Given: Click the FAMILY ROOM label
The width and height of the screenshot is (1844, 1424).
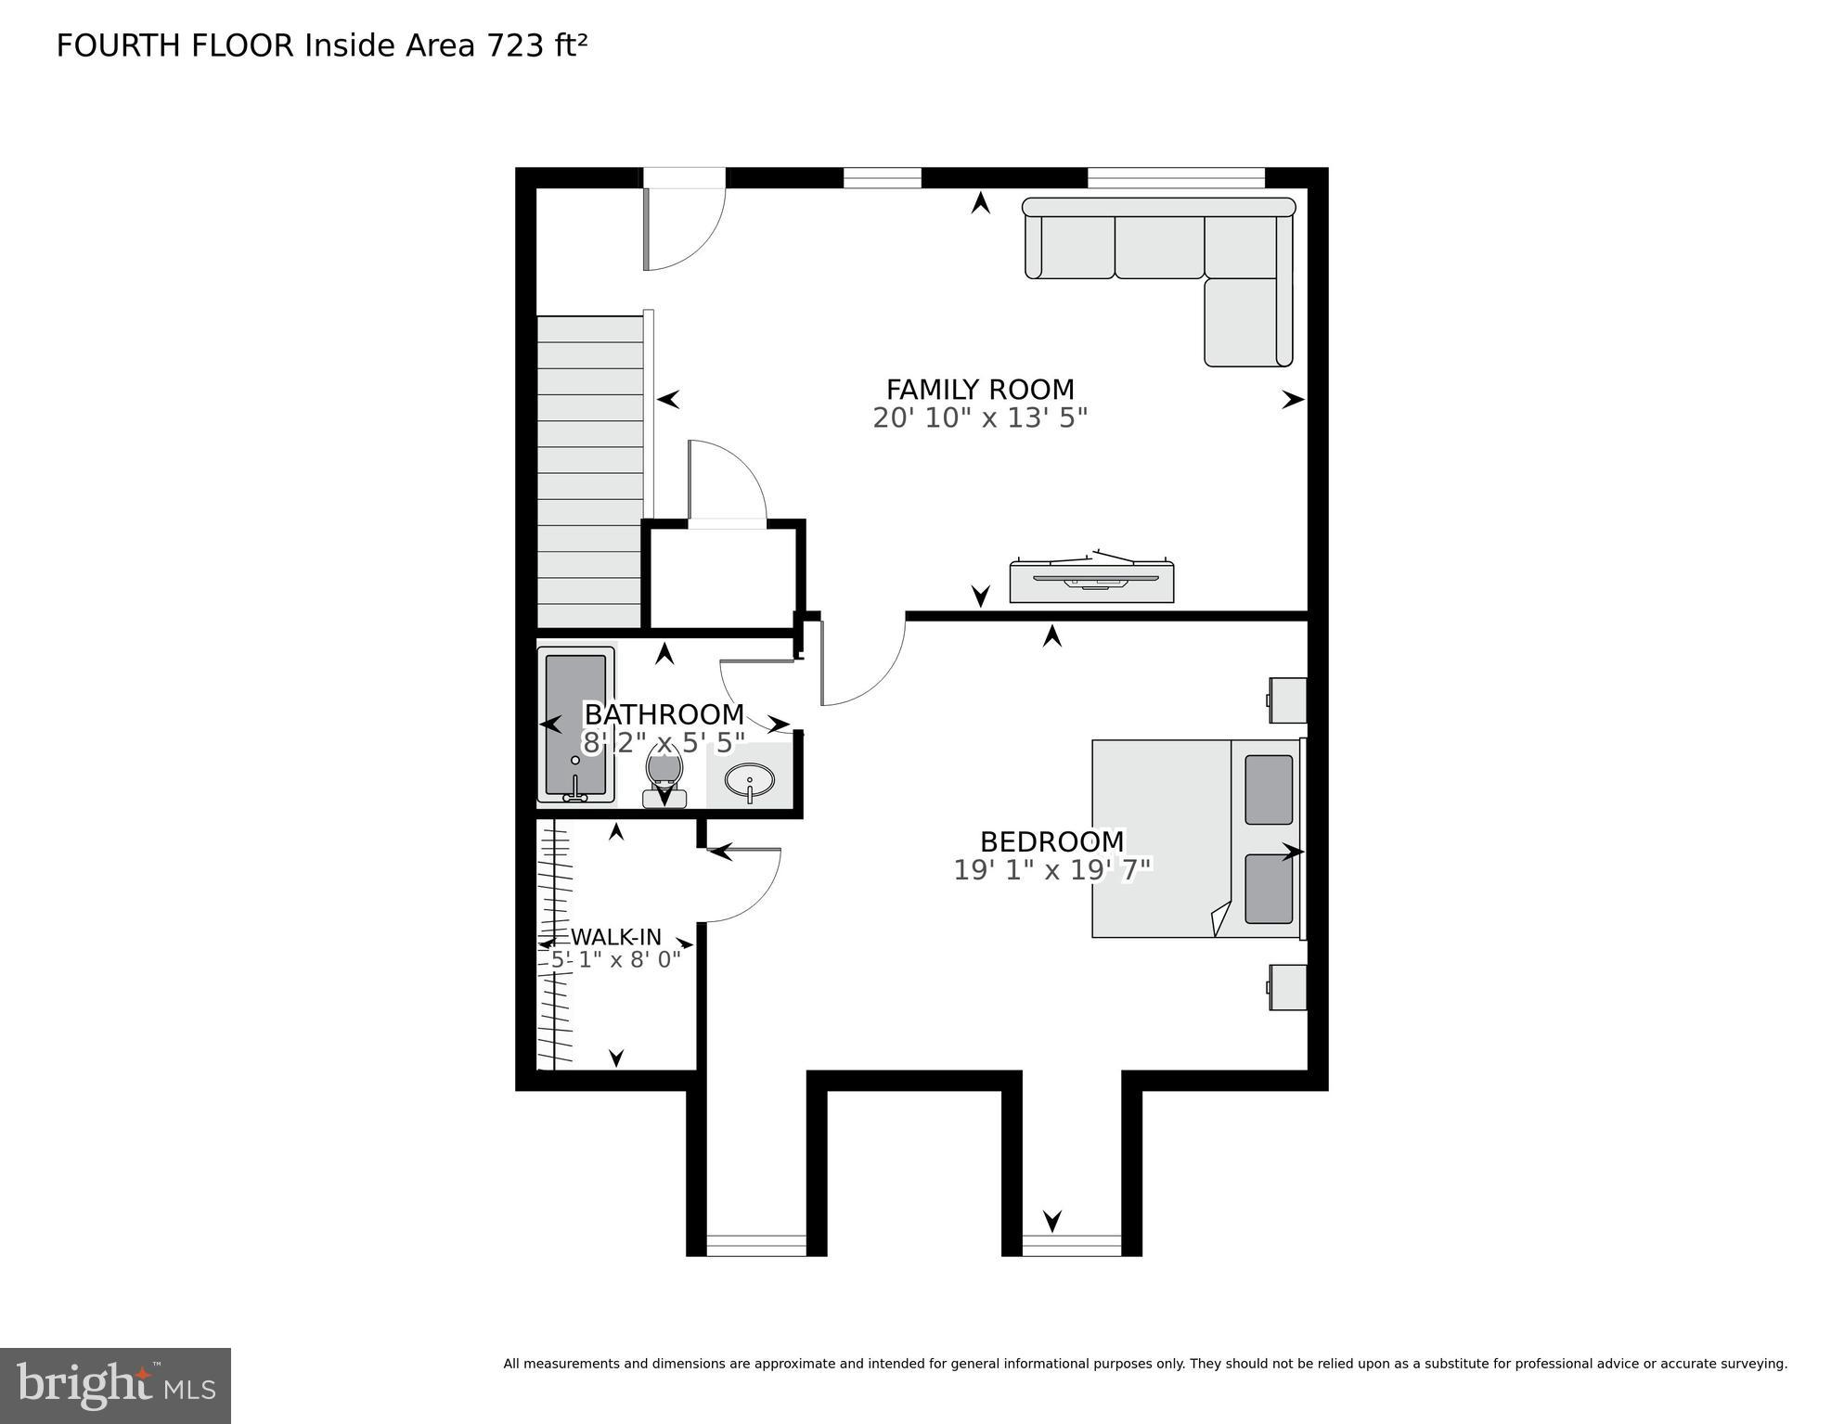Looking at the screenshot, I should [979, 389].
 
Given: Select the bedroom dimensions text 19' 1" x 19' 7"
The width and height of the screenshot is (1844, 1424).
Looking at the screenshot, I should [1052, 870].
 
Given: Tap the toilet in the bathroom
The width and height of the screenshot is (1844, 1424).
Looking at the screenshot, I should [664, 777].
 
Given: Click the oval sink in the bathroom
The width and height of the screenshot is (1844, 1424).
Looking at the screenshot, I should [750, 780].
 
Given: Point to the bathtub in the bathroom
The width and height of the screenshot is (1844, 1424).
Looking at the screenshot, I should [576, 724].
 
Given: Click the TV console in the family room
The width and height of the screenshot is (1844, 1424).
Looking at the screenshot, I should [1091, 582].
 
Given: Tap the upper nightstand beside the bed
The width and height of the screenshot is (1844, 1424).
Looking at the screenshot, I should [1288, 700].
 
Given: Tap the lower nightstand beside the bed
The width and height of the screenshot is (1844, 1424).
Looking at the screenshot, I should [1288, 987].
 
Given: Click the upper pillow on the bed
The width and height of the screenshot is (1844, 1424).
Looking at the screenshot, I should [1268, 789].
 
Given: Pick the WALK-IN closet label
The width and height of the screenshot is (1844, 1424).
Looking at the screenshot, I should [615, 936].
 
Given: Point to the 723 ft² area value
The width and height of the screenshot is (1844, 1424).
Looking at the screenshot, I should [537, 45].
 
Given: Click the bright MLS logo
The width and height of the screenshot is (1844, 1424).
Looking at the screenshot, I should [115, 1386].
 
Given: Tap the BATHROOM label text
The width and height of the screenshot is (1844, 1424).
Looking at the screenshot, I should [664, 714].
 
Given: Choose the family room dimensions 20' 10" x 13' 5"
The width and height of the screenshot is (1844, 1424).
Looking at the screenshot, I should [979, 418].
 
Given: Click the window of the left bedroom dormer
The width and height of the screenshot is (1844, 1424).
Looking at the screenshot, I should [756, 1245].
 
